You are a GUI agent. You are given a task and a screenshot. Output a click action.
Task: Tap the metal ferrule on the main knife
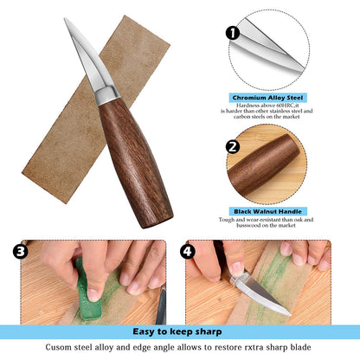[x=106, y=93]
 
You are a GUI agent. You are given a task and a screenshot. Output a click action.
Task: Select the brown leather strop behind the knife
[x=61, y=130]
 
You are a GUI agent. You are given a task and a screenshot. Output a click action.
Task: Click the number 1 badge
[x=232, y=34]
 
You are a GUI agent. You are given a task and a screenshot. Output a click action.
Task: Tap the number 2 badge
[x=232, y=146]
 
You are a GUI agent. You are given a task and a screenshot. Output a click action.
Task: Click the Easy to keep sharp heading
[x=180, y=331]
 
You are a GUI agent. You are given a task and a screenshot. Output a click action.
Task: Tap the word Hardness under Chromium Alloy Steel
[x=239, y=108]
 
